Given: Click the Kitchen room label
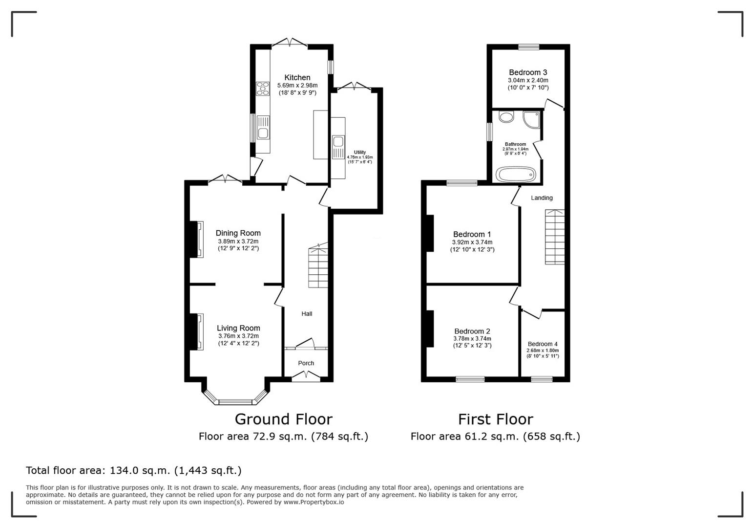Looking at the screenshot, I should [297, 77].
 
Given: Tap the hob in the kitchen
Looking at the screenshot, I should [263, 88].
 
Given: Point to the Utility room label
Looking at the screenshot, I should [359, 153].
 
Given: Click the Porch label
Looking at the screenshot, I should [306, 363].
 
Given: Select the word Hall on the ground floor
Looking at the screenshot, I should [307, 314].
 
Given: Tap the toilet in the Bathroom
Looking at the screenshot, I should [506, 117].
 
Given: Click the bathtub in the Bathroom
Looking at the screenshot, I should [516, 175].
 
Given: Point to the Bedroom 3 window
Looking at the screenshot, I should [529, 47].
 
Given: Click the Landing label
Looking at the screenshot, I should [542, 198].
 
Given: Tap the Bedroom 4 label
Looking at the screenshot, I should [542, 344].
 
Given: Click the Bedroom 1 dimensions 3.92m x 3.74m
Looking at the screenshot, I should [472, 242].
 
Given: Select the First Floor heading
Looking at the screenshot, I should [495, 419].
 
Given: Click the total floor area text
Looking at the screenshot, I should [133, 471].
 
